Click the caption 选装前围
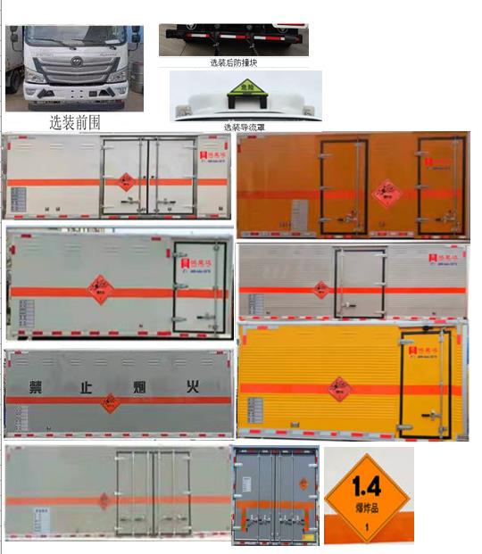(75, 122)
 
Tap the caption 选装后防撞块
(233, 62)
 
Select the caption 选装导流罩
(244, 128)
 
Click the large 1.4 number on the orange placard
(366, 486)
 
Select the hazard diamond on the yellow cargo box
(340, 388)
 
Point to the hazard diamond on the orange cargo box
(386, 191)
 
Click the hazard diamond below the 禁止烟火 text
(111, 403)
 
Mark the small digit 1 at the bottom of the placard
(366, 526)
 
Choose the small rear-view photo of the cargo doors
(274, 495)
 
